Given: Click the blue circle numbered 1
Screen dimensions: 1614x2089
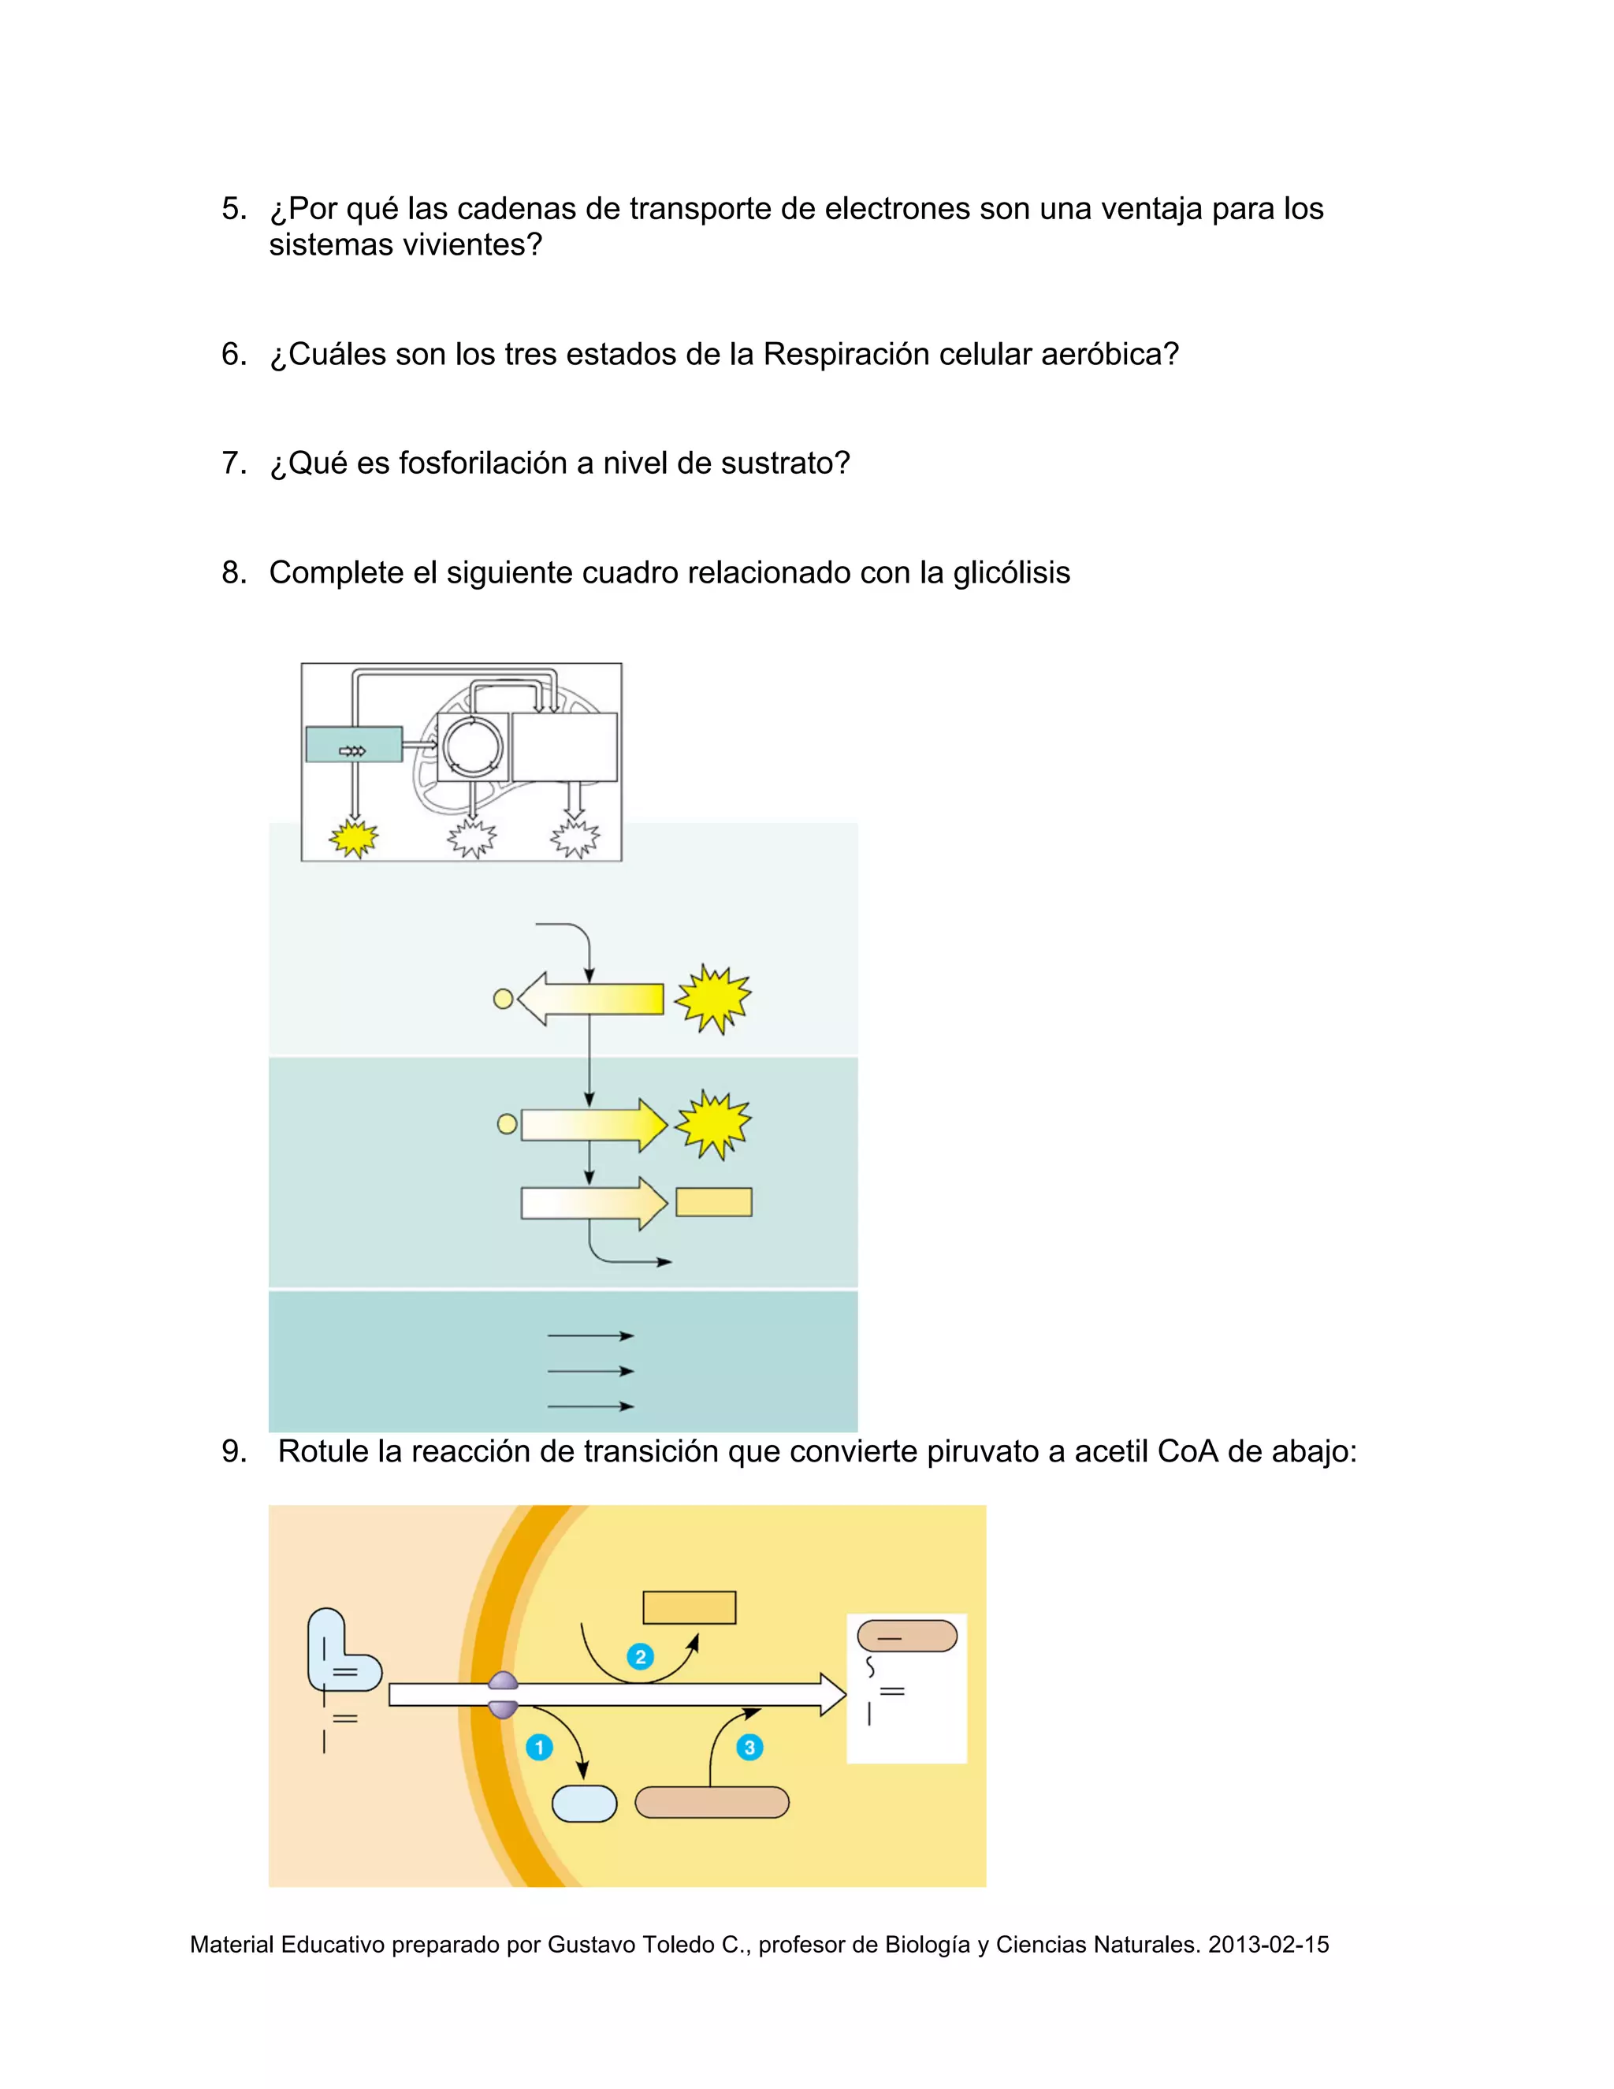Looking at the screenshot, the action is (x=539, y=1748).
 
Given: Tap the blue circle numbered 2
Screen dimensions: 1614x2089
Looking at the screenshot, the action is (x=641, y=1657).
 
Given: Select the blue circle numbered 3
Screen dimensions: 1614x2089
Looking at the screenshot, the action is (x=749, y=1748).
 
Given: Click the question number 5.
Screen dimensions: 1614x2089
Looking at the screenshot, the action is (x=234, y=209).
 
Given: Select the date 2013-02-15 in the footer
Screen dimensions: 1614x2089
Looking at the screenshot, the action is (x=1269, y=1945).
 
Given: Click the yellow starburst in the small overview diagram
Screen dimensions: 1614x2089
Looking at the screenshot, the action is (x=354, y=839).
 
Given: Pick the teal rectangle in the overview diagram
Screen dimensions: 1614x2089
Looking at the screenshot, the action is (x=354, y=744).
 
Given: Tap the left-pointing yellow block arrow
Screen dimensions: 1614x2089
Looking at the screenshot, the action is (x=590, y=999).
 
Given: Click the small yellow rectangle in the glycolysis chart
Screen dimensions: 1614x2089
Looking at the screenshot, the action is (x=714, y=1202).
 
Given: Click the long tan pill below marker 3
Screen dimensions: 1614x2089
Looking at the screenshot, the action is (x=712, y=1803).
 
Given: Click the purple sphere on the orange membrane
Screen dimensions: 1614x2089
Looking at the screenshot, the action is (x=503, y=1695).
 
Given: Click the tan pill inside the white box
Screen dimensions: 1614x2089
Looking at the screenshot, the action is (x=907, y=1636).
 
